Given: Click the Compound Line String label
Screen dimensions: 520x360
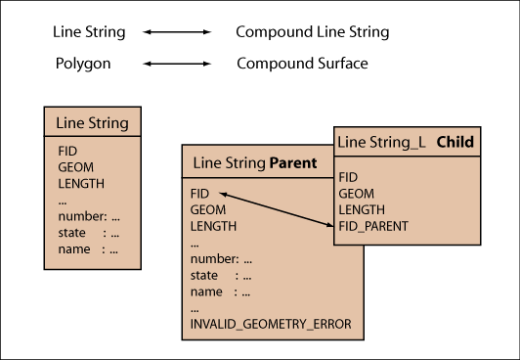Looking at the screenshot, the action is click(x=313, y=32).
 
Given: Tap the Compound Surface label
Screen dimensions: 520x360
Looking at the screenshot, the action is click(x=302, y=64).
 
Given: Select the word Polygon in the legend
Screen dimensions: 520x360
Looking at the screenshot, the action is click(x=83, y=64).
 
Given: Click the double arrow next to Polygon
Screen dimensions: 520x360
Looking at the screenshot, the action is click(x=177, y=64).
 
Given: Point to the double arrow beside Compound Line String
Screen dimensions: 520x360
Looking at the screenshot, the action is click(x=177, y=32).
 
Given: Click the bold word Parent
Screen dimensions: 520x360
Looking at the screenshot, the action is click(x=293, y=163).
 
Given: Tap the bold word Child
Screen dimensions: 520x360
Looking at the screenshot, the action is click(x=455, y=142).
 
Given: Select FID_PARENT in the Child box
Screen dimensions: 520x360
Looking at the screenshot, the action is click(x=373, y=226).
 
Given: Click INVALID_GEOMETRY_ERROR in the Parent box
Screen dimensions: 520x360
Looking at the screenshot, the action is click(x=271, y=324).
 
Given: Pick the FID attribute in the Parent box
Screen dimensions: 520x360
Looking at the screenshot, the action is click(x=199, y=194).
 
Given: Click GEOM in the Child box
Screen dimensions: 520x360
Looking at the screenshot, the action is click(x=356, y=194).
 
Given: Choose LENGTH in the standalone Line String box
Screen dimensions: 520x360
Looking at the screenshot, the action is click(x=81, y=184).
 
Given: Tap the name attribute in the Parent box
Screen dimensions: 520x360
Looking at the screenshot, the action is click(x=206, y=292).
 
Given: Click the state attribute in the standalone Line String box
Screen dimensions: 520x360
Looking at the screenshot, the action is click(x=71, y=233).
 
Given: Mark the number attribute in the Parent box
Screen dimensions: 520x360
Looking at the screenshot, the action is click(x=214, y=259).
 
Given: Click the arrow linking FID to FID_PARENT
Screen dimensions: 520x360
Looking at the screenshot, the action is click(x=277, y=210).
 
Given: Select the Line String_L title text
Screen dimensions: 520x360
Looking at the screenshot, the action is click(x=381, y=143).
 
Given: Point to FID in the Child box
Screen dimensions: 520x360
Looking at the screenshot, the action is click(x=348, y=177).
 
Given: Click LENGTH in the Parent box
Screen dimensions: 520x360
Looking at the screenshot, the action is click(x=213, y=226).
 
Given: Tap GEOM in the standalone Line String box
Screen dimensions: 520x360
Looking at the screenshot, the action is click(x=75, y=167).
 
